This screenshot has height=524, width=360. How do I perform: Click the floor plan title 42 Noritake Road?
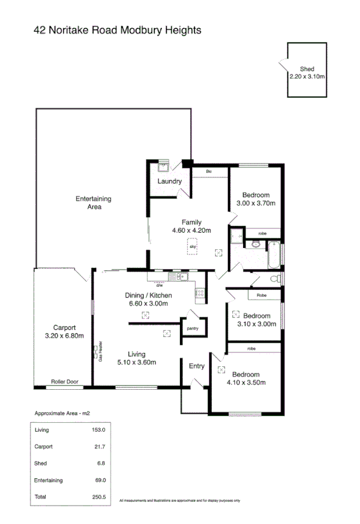[x=117, y=30]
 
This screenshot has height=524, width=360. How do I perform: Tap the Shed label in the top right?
[x=307, y=72]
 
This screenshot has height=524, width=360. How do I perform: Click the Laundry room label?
[x=170, y=181]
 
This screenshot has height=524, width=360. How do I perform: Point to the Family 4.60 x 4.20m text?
[x=191, y=226]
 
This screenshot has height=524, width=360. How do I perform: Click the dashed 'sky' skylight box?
[x=192, y=246]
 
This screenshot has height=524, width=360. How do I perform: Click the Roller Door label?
[x=65, y=382]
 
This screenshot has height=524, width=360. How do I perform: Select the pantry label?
[x=192, y=328]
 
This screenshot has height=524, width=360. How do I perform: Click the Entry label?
[x=197, y=366]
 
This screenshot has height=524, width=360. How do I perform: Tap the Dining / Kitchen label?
[x=148, y=300]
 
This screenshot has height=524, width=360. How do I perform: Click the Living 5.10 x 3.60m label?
[x=136, y=358]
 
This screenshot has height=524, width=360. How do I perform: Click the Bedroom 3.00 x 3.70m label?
[x=255, y=199]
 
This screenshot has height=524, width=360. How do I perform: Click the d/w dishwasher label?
[x=160, y=285]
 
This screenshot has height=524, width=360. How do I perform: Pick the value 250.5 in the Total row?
[x=97, y=497]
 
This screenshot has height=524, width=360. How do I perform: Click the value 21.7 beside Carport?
[x=99, y=446]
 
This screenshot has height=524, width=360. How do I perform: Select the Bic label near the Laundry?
[x=208, y=172]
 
